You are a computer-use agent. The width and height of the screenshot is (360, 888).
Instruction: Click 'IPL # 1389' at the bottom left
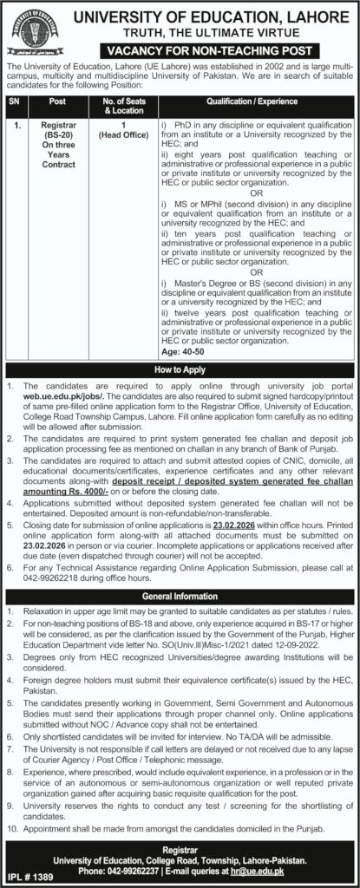point(24,878)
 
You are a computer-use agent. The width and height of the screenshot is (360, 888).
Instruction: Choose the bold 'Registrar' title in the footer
point(180,847)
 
